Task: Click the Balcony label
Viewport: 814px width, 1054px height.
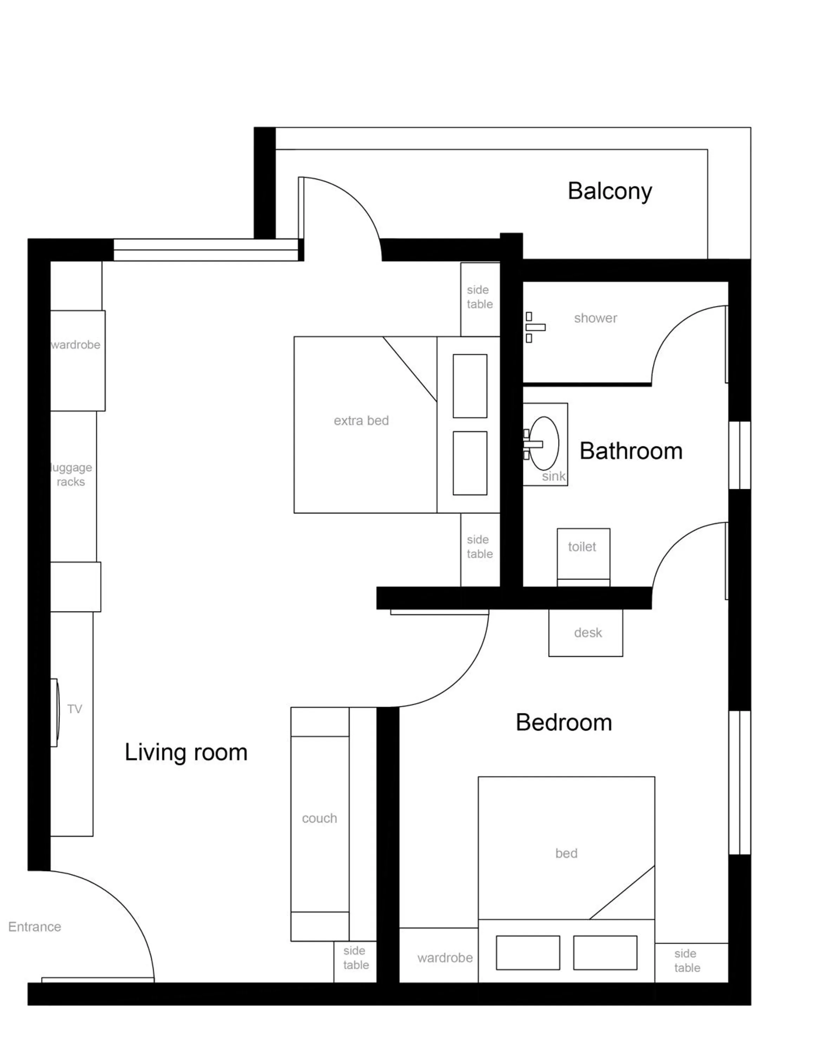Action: [x=610, y=191]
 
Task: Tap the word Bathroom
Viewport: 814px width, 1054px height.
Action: [x=631, y=451]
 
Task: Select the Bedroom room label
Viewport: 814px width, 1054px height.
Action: [x=564, y=722]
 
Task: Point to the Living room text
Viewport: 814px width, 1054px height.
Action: [x=186, y=752]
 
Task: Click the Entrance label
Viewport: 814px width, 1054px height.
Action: [x=35, y=926]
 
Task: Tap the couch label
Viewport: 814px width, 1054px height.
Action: [x=319, y=818]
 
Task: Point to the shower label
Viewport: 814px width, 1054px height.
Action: [x=596, y=318]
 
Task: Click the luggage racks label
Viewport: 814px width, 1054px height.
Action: [x=71, y=474]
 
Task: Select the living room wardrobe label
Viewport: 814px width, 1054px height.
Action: [x=76, y=345]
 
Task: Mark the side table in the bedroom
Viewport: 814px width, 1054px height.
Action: [x=687, y=961]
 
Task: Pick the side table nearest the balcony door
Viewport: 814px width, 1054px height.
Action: [x=479, y=297]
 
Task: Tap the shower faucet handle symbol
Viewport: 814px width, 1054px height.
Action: [x=535, y=327]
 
